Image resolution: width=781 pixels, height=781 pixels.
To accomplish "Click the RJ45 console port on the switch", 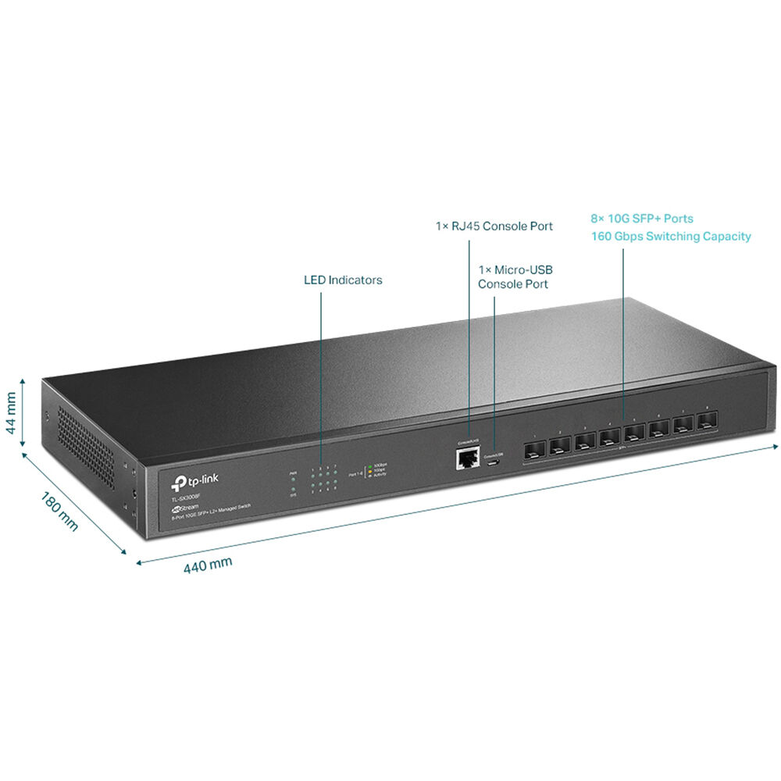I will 467,458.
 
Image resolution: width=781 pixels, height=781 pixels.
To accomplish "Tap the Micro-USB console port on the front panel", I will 494,462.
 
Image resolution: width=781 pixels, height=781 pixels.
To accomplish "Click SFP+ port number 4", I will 610,438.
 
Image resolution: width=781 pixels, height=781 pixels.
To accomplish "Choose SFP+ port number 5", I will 635,434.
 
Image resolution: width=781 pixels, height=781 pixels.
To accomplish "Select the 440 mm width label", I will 208,565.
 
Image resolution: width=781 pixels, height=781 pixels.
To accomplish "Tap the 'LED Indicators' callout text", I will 343,280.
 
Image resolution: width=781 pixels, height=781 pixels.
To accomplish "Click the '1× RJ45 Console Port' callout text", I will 494,226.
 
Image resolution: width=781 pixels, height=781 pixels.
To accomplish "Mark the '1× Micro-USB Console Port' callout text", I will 515,276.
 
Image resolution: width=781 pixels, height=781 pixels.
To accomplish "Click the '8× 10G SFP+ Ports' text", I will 642,219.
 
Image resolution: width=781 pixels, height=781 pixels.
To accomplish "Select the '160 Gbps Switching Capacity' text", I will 671,236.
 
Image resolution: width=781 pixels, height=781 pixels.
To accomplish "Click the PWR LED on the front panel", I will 293,480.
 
